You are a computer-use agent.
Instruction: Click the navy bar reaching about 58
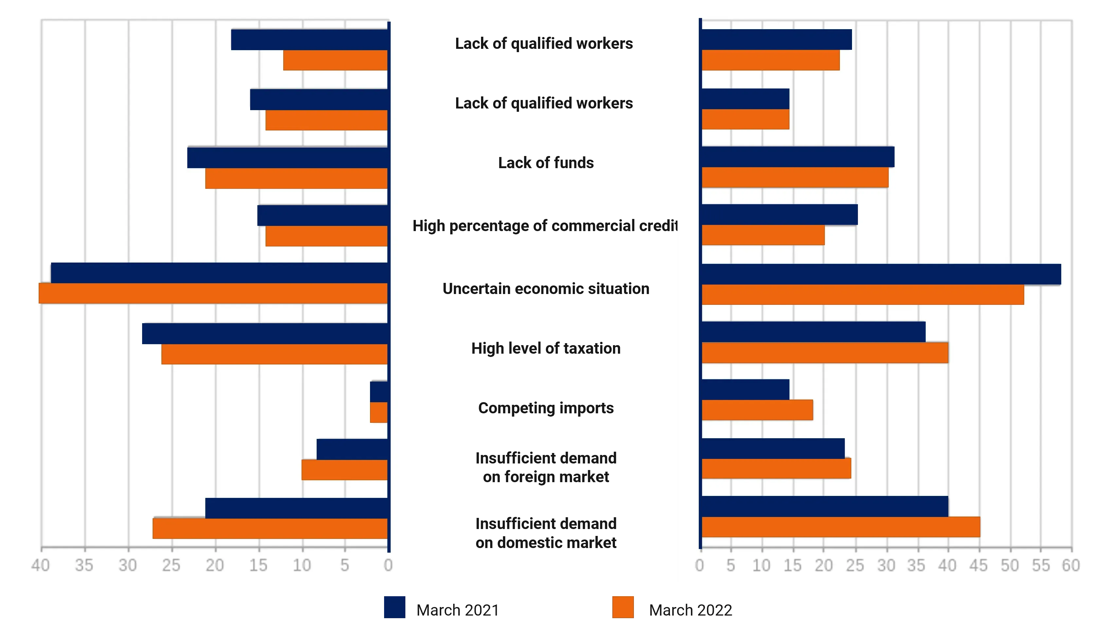pos(880,274)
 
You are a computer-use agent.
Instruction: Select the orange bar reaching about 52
pos(862,294)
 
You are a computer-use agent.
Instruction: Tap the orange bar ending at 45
pos(841,527)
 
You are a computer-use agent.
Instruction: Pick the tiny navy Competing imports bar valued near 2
pos(379,391)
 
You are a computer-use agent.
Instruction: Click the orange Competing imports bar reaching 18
pos(757,409)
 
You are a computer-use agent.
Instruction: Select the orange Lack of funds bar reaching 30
pos(795,177)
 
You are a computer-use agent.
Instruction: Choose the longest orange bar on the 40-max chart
pos(213,293)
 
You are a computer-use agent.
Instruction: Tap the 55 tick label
pos(1040,565)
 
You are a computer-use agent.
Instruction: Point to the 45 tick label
pos(978,565)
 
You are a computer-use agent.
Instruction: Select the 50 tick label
pos(1009,565)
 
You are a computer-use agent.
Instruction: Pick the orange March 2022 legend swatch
pos(622,607)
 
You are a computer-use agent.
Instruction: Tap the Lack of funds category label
pos(546,163)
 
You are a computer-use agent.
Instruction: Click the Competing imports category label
pos(546,408)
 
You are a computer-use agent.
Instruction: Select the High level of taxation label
pos(546,348)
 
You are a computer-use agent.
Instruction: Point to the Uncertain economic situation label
pos(546,288)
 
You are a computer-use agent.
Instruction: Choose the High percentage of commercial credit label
pos(544,226)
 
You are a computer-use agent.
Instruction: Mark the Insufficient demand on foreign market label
pos(546,467)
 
